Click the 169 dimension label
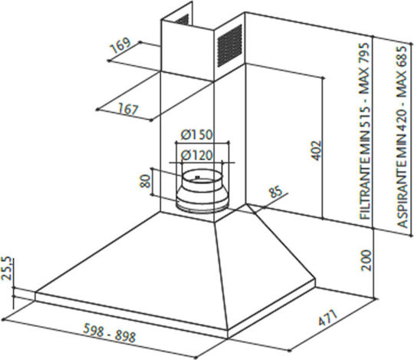[x=120, y=45]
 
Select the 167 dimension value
[x=128, y=109]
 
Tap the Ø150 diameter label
[x=196, y=135]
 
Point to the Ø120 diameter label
[x=197, y=155]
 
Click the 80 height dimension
[x=145, y=181]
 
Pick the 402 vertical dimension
[x=316, y=150]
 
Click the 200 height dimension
[x=366, y=260]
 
